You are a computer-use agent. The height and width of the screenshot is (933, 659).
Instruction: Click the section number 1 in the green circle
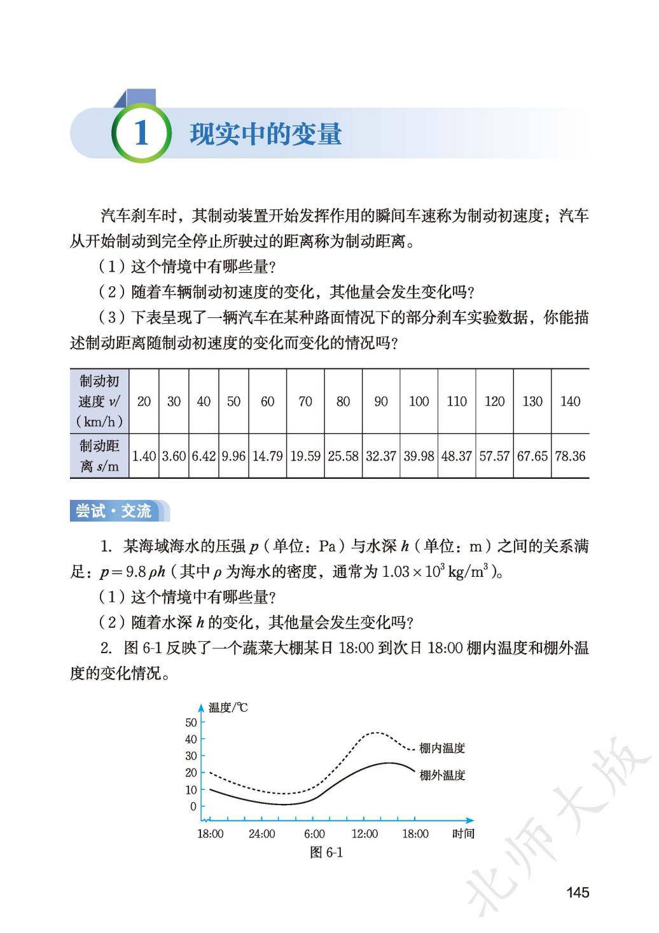coord(141,134)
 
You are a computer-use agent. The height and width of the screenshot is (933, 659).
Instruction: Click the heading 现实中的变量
coord(265,134)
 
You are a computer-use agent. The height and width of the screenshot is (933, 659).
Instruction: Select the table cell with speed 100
coord(419,401)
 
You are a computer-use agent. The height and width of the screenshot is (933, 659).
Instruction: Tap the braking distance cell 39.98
coord(419,456)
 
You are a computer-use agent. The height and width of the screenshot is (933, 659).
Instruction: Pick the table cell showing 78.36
coord(570,456)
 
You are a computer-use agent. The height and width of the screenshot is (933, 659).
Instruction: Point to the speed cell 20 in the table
coord(144,401)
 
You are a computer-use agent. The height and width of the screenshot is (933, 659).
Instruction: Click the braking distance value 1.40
coord(144,456)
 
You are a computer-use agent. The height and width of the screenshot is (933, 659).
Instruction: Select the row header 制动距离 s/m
coord(100,456)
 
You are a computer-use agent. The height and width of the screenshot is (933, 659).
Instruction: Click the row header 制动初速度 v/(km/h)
coord(100,401)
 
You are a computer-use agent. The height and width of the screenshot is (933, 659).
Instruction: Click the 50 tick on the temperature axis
coord(191,722)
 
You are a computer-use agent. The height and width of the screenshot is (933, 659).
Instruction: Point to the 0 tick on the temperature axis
coord(193,806)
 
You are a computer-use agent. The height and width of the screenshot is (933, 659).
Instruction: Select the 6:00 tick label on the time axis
coord(314,834)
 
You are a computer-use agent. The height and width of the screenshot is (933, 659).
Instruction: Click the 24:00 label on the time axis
coord(262,834)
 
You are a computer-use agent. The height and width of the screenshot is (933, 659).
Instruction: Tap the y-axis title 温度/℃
coord(228,707)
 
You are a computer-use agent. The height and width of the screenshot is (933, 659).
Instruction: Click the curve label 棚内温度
coord(443,749)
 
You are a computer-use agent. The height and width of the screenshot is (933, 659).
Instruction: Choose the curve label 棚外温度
coord(443,775)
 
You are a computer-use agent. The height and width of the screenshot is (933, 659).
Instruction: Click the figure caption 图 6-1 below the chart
coord(326,853)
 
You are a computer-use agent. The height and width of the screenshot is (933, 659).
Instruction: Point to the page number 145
coord(578,892)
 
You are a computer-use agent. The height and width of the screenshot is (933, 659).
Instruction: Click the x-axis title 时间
coord(463,834)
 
